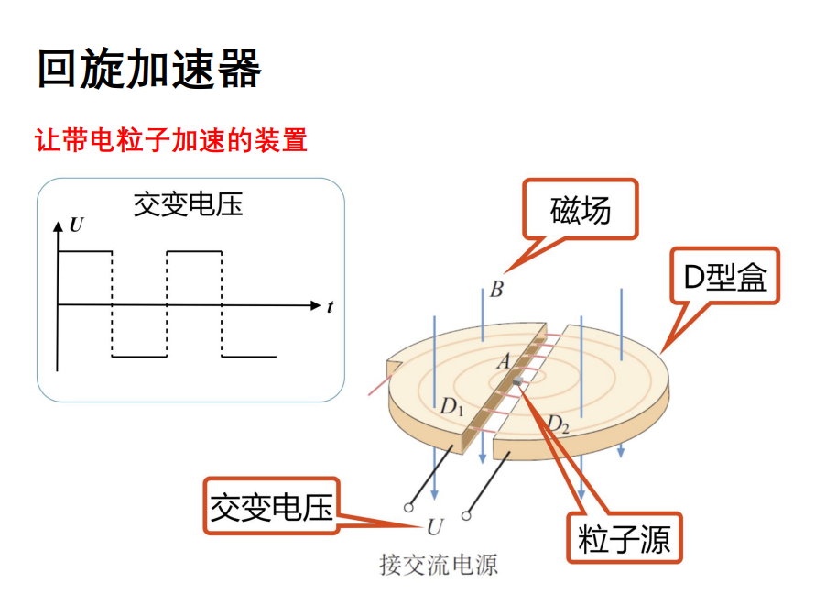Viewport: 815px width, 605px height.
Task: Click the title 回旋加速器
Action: [149, 69]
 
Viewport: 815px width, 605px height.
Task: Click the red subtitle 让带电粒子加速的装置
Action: [170, 140]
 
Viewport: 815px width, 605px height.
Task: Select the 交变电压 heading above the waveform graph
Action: [189, 203]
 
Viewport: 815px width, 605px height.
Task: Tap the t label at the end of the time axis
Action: [330, 307]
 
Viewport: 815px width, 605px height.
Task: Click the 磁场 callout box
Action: [580, 211]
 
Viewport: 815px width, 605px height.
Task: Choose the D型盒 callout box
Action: [724, 276]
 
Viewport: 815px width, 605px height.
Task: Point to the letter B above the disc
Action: [495, 291]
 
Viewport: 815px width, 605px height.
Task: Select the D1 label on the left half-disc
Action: [451, 406]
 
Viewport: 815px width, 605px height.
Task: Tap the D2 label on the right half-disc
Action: [558, 423]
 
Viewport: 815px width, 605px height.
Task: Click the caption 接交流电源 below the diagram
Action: [439, 564]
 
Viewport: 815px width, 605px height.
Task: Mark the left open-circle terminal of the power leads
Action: [409, 506]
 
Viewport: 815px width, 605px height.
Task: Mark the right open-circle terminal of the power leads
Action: [466, 516]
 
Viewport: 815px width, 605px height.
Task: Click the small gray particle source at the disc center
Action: [518, 381]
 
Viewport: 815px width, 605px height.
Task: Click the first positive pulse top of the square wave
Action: [84, 250]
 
